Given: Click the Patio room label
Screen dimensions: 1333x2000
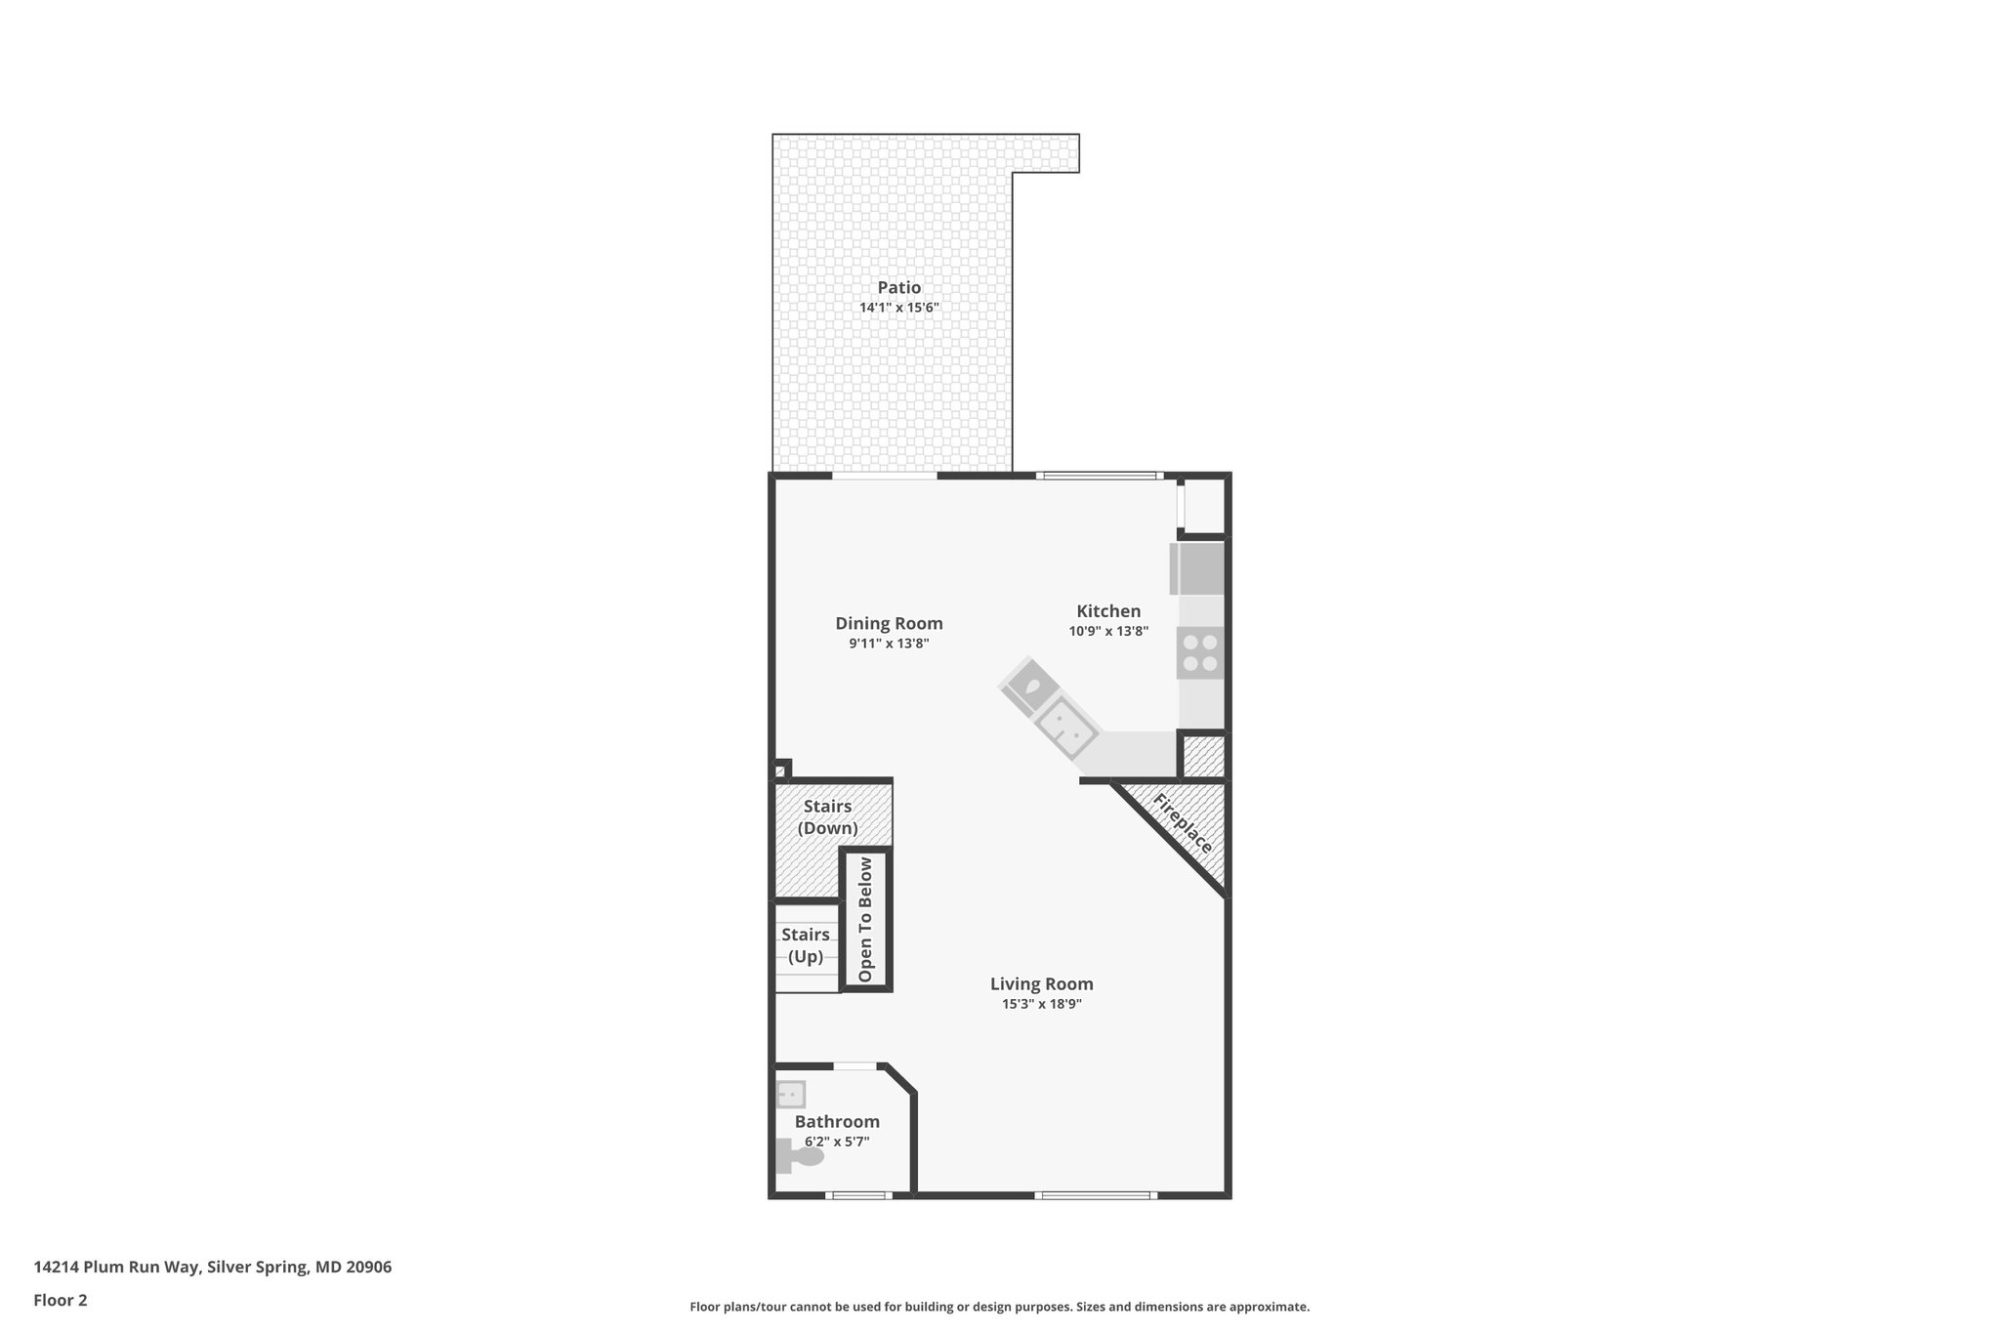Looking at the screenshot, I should click(x=898, y=288).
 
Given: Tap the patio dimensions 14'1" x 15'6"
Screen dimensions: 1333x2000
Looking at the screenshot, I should click(x=898, y=308).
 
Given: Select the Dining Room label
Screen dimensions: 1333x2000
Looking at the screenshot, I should click(x=889, y=624).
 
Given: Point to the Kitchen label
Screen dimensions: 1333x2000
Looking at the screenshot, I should click(x=1108, y=611).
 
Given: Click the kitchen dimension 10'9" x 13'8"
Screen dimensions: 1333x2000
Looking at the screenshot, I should click(x=1108, y=632).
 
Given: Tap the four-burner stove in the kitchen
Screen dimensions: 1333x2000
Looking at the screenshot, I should click(x=1200, y=653).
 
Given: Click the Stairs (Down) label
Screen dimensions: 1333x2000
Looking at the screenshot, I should click(x=827, y=817).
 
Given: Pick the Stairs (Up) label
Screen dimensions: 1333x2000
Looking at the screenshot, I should click(x=806, y=945).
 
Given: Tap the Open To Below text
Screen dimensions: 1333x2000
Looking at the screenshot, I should click(x=865, y=920).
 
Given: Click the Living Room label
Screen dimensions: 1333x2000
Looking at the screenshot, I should click(x=1041, y=984).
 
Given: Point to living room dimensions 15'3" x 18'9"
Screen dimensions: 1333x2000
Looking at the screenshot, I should click(x=1041, y=1004).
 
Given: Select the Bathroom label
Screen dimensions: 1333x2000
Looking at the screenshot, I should click(x=837, y=1122).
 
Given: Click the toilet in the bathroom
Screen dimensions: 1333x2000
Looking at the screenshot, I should click(x=800, y=1156).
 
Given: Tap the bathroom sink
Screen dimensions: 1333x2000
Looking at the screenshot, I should click(x=790, y=1094).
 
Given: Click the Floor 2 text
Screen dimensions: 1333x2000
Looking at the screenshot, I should click(x=61, y=1301).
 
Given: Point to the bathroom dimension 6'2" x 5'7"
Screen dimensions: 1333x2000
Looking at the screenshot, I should click(x=837, y=1142).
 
